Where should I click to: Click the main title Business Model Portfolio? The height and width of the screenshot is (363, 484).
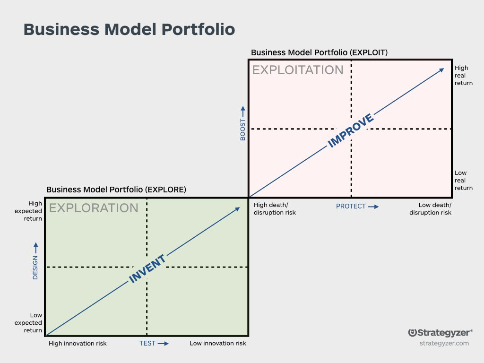[x=130, y=30]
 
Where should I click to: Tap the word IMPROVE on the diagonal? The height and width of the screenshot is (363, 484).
[x=351, y=130]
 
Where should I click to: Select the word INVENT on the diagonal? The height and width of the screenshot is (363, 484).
[x=147, y=268]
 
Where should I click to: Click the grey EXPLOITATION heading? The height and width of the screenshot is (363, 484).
[x=298, y=70]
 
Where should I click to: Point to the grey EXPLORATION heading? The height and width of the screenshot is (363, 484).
[x=94, y=208]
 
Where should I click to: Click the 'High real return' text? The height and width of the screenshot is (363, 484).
[x=463, y=75]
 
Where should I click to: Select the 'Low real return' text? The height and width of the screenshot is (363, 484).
[x=463, y=180]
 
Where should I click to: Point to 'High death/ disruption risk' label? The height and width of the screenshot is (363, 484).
[x=275, y=208]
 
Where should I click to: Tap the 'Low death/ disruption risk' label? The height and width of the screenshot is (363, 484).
[x=430, y=208]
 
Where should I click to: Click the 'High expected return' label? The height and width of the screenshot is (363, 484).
[x=28, y=211]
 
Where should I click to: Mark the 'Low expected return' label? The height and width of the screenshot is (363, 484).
[x=28, y=323]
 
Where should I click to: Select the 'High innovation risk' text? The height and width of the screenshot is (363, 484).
[x=78, y=343]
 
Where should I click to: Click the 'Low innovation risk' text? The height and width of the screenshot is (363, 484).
[x=218, y=343]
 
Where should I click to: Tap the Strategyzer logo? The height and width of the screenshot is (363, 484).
[x=440, y=333]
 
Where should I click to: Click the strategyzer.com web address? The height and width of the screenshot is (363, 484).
[x=444, y=343]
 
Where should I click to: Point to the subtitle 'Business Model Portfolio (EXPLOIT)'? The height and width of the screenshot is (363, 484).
[x=319, y=52]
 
